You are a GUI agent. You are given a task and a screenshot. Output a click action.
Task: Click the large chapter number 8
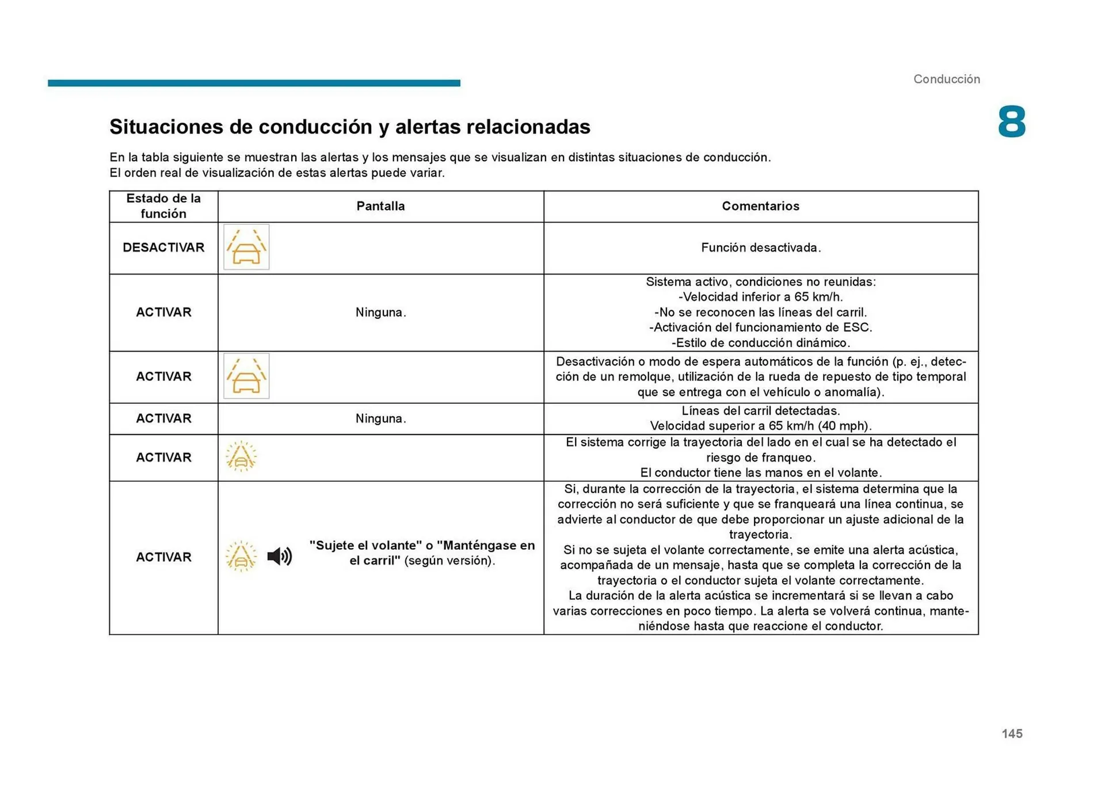tap(1011, 122)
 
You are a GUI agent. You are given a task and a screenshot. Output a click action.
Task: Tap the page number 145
tap(1012, 733)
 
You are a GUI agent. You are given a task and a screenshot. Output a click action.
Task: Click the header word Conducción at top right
tap(946, 79)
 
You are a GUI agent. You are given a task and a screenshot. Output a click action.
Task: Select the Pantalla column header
tap(380, 206)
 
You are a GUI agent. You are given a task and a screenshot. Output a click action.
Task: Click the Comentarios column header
tap(760, 206)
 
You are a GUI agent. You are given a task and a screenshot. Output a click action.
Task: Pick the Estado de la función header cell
tap(163, 206)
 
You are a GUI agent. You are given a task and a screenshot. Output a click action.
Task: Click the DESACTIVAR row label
tap(163, 248)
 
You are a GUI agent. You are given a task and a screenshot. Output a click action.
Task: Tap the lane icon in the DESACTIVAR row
tap(246, 248)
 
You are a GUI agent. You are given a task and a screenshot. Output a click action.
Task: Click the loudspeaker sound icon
tap(280, 556)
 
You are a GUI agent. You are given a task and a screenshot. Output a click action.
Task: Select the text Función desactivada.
tap(760, 248)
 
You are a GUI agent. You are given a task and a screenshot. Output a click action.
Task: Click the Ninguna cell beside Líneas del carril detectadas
tap(380, 418)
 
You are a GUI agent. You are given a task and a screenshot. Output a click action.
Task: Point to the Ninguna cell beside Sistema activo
tap(380, 313)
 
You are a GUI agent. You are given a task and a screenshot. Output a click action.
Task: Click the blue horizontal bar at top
tap(254, 83)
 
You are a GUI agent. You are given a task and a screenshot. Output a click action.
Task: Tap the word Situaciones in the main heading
tap(166, 127)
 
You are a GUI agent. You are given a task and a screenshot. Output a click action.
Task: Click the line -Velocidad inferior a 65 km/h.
tap(760, 297)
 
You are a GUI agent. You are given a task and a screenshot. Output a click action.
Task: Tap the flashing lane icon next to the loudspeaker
tap(241, 556)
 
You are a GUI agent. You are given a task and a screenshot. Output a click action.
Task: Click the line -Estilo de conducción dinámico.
tap(760, 343)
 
